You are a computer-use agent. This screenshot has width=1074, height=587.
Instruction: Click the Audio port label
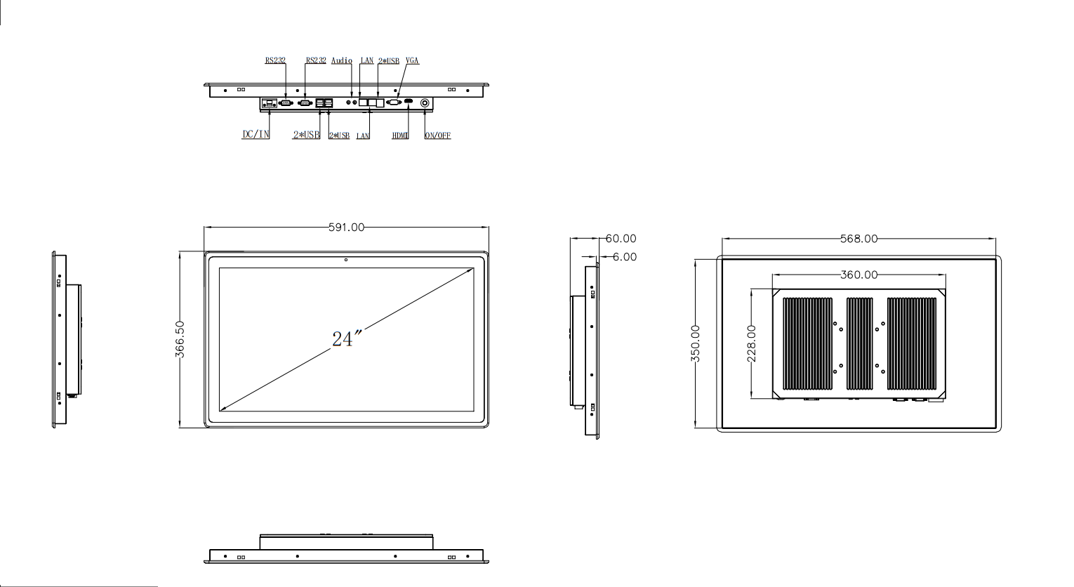[341, 61]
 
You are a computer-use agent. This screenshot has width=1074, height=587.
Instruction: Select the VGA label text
[412, 61]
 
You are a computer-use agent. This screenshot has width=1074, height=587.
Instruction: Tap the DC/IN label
[256, 135]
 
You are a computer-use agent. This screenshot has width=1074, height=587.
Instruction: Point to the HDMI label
[400, 136]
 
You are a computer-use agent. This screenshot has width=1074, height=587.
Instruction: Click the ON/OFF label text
[437, 136]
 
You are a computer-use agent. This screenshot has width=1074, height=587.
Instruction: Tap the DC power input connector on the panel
[269, 103]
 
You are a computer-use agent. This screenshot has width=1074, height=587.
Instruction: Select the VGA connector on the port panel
[393, 103]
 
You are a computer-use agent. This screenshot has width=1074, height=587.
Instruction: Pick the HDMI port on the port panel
[408, 103]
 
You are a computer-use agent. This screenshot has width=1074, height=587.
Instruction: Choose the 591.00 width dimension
[347, 227]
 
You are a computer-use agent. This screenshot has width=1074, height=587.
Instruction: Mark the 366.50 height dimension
[180, 340]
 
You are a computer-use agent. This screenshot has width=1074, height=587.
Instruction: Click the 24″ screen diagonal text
[345, 339]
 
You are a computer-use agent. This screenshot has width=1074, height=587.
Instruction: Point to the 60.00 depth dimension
[621, 239]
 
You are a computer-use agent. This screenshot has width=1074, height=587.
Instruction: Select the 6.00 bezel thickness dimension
[624, 257]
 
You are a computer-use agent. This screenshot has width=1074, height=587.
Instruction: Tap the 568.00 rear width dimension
[858, 239]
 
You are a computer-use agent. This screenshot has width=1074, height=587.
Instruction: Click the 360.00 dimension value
[858, 275]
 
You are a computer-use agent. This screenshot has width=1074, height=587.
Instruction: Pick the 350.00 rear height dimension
[696, 343]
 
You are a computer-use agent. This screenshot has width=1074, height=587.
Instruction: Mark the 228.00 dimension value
[752, 343]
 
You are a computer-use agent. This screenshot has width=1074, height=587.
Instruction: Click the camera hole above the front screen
[346, 260]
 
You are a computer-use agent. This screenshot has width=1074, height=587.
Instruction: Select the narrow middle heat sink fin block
[860, 343]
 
